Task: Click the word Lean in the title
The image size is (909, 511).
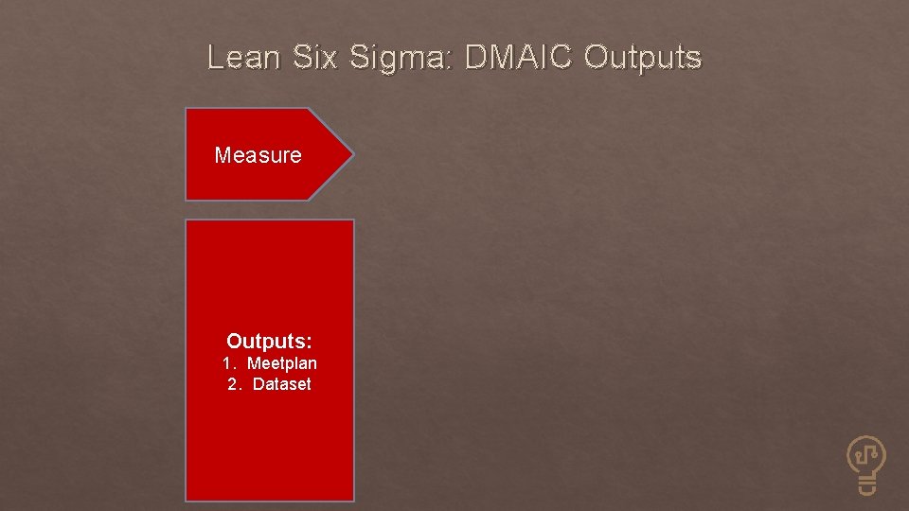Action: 243,59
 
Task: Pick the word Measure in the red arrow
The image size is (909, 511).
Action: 258,155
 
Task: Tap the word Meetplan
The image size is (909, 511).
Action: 282,363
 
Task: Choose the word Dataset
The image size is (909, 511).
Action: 281,384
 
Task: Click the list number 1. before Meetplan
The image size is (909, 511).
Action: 228,363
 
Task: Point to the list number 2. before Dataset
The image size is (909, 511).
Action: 234,384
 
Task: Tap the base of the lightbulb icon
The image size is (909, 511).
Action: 866,486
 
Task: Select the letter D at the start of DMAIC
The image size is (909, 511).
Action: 476,59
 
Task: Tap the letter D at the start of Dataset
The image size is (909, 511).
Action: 258,384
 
